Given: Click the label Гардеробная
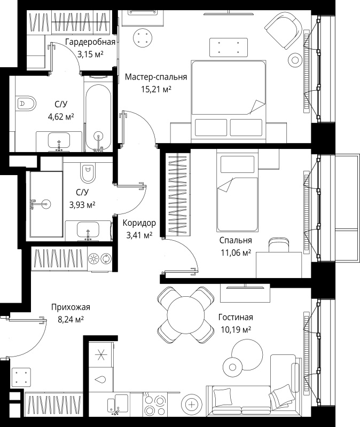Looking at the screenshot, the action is (x=90, y=42).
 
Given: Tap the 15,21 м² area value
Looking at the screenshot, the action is (x=156, y=89).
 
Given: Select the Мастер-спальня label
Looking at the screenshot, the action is (x=156, y=77).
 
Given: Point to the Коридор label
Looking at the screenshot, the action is (x=139, y=223).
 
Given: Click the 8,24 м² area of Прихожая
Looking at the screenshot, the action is (x=71, y=319).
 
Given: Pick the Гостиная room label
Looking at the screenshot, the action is (x=236, y=317).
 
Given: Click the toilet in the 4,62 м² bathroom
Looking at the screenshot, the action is (x=26, y=104).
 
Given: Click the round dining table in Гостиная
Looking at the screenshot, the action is (x=185, y=315).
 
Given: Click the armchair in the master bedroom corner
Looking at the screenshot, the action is (x=284, y=30).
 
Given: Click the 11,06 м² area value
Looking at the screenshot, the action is (x=236, y=252).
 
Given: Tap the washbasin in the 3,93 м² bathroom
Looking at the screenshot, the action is (x=88, y=231).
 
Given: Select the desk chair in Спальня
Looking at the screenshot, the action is (x=279, y=245).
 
